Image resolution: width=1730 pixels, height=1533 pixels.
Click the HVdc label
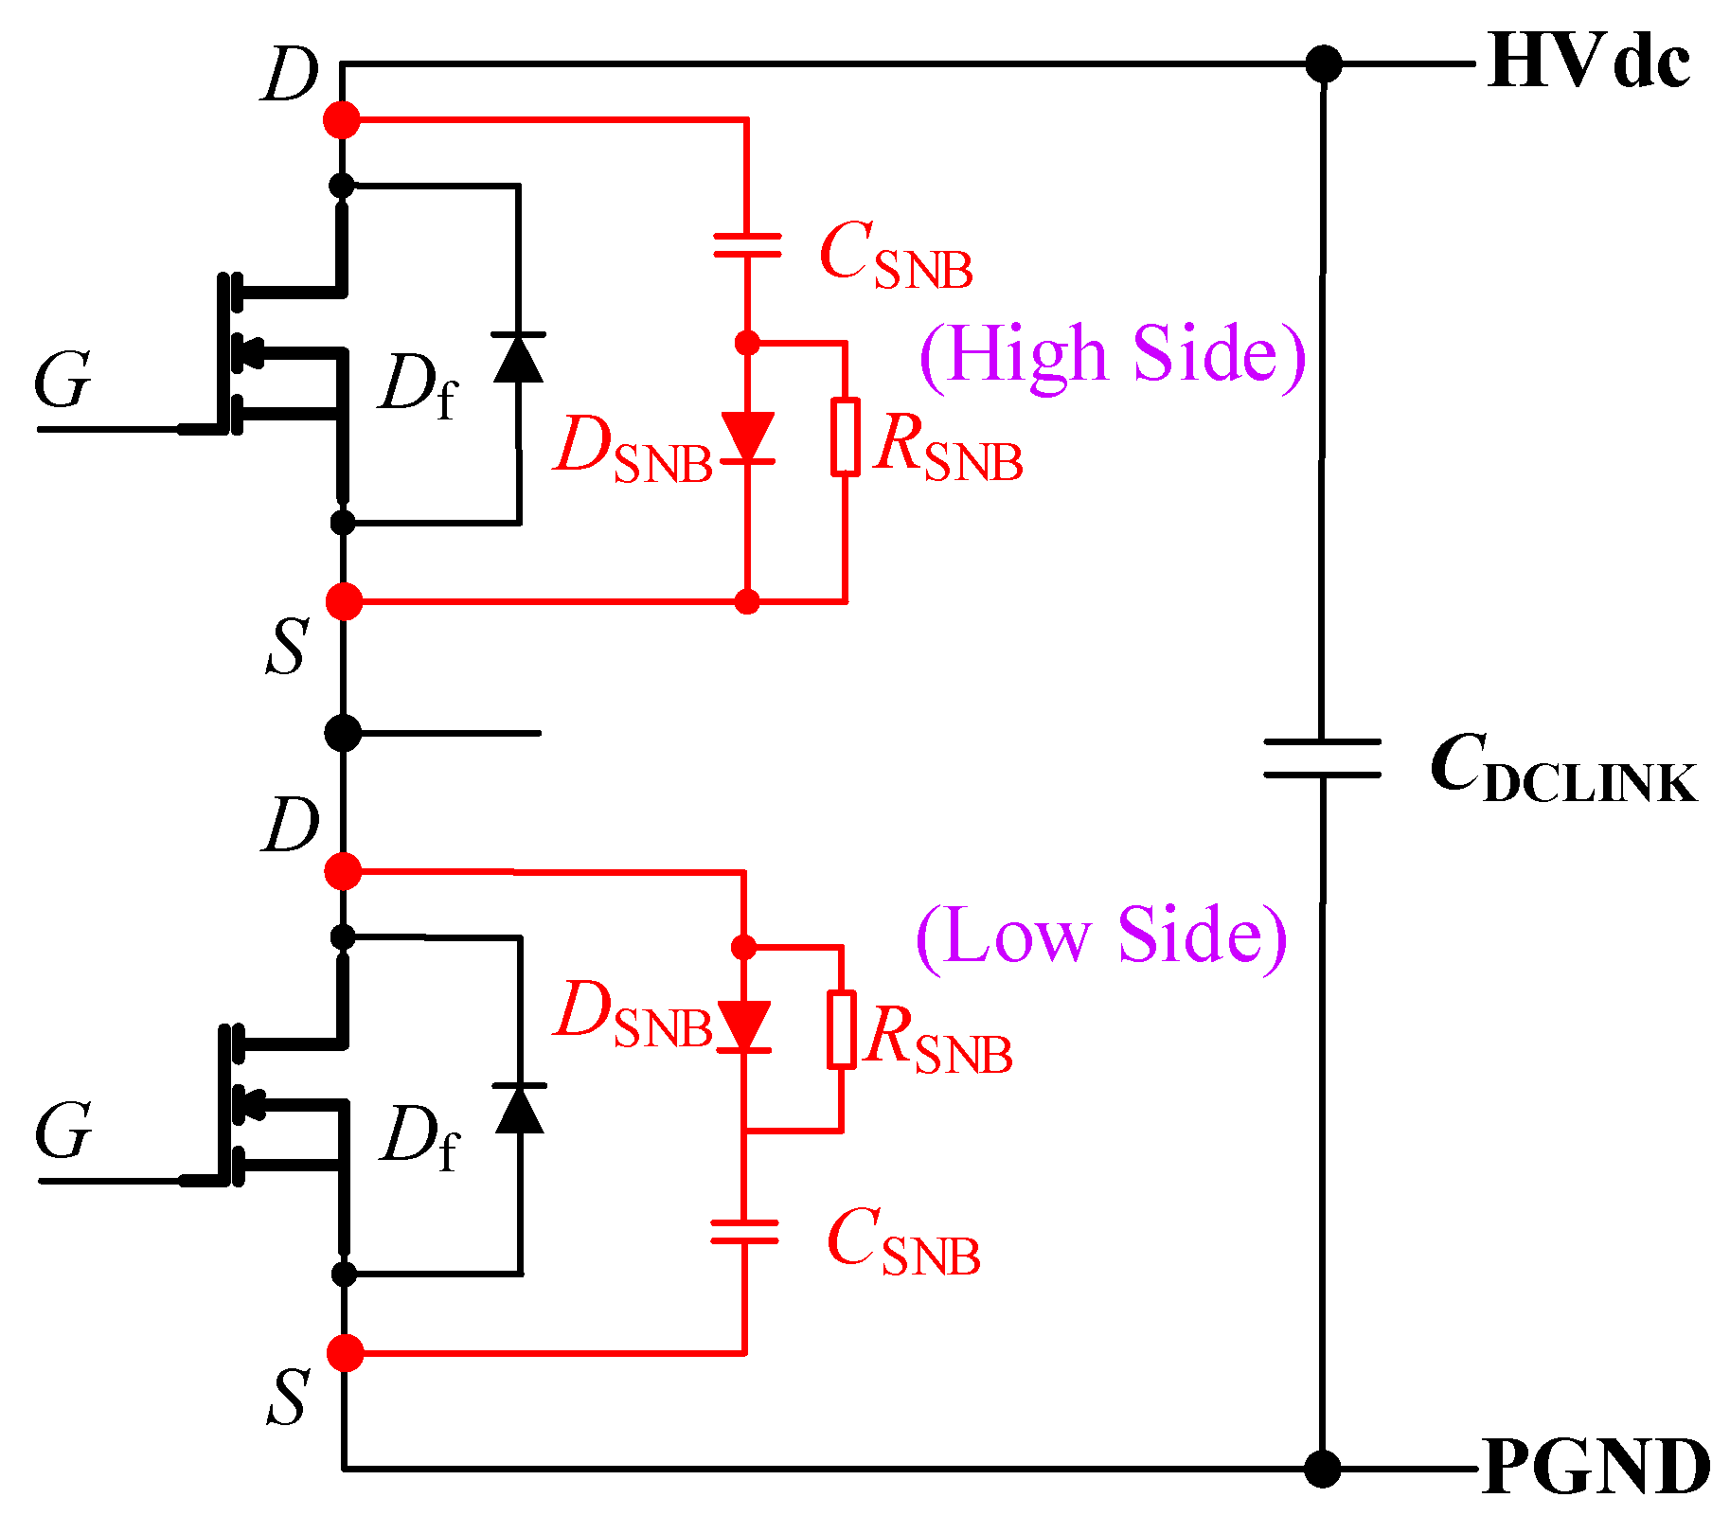coord(1588,62)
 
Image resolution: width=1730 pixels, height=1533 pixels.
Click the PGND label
coord(1596,1469)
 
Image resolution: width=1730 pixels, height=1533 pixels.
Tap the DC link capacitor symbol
coord(1322,758)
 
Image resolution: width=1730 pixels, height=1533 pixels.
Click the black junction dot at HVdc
coord(1323,64)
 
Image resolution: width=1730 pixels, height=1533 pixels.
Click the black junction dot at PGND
coord(1322,1469)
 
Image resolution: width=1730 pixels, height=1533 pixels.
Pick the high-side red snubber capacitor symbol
coord(747,246)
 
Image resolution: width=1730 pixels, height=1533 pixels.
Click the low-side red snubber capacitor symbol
coord(744,1231)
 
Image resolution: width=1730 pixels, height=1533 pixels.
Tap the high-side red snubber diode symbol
coord(747,437)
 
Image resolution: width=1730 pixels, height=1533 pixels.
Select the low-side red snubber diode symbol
coord(744,1026)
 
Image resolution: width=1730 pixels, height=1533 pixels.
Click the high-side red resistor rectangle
coord(846,437)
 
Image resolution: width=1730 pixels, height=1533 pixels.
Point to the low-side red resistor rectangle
coord(842,1029)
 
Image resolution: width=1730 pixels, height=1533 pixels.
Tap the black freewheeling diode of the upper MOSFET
coord(518,358)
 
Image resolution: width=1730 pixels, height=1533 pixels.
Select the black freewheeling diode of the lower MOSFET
coord(520,1109)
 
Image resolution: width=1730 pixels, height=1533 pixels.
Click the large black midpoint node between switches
coord(343,733)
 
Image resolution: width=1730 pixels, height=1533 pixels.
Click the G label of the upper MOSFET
coord(62,381)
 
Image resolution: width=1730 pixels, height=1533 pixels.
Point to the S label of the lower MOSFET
coord(287,1397)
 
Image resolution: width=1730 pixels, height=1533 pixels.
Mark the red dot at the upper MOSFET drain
coord(342,120)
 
